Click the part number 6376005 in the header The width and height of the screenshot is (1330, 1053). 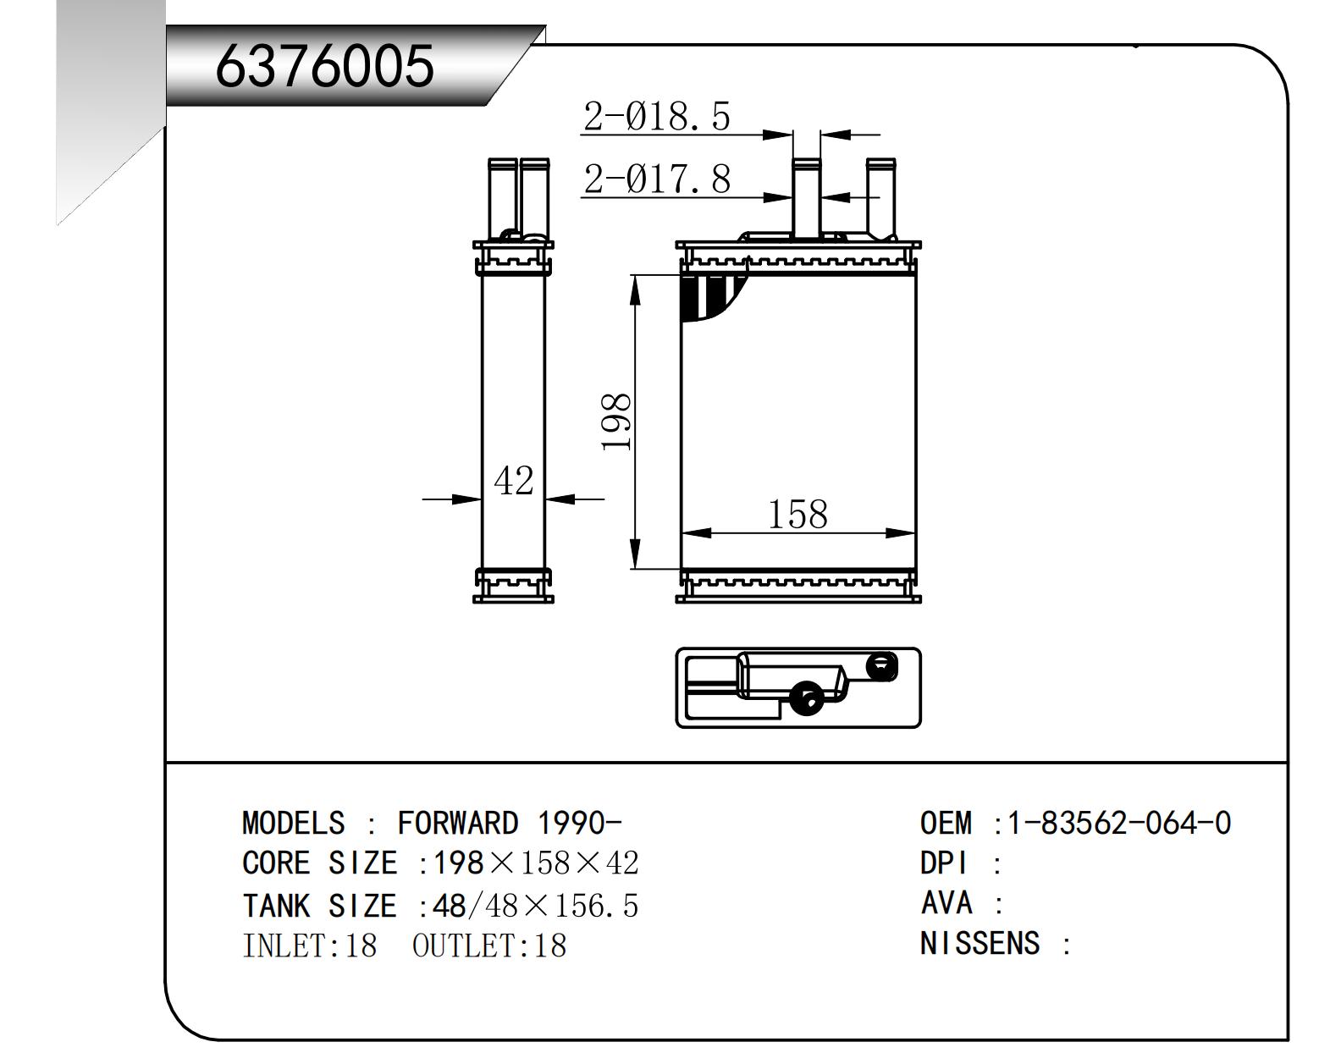pyautogui.click(x=324, y=66)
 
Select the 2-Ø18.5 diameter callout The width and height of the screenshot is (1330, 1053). pyautogui.click(x=656, y=116)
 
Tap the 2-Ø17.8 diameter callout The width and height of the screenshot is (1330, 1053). pyautogui.click(x=656, y=179)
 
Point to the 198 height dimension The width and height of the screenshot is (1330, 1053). pyautogui.click(x=616, y=422)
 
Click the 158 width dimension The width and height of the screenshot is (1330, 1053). pyautogui.click(x=797, y=514)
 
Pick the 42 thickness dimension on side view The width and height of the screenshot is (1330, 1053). pyautogui.click(x=513, y=481)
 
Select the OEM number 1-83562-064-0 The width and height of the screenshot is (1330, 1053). pyautogui.click(x=1118, y=823)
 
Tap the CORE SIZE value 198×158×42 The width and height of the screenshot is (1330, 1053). pyautogui.click(x=535, y=863)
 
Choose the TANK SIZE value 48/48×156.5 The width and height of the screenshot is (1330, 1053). pyautogui.click(x=535, y=906)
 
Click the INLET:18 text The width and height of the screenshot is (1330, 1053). pyautogui.click(x=309, y=945)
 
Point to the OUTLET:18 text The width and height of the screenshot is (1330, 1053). pyautogui.click(x=488, y=945)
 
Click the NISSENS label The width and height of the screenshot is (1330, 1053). pyautogui.click(x=980, y=943)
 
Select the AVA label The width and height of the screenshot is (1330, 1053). pyautogui.click(x=946, y=902)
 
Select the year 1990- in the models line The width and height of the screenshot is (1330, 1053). pyautogui.click(x=579, y=823)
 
